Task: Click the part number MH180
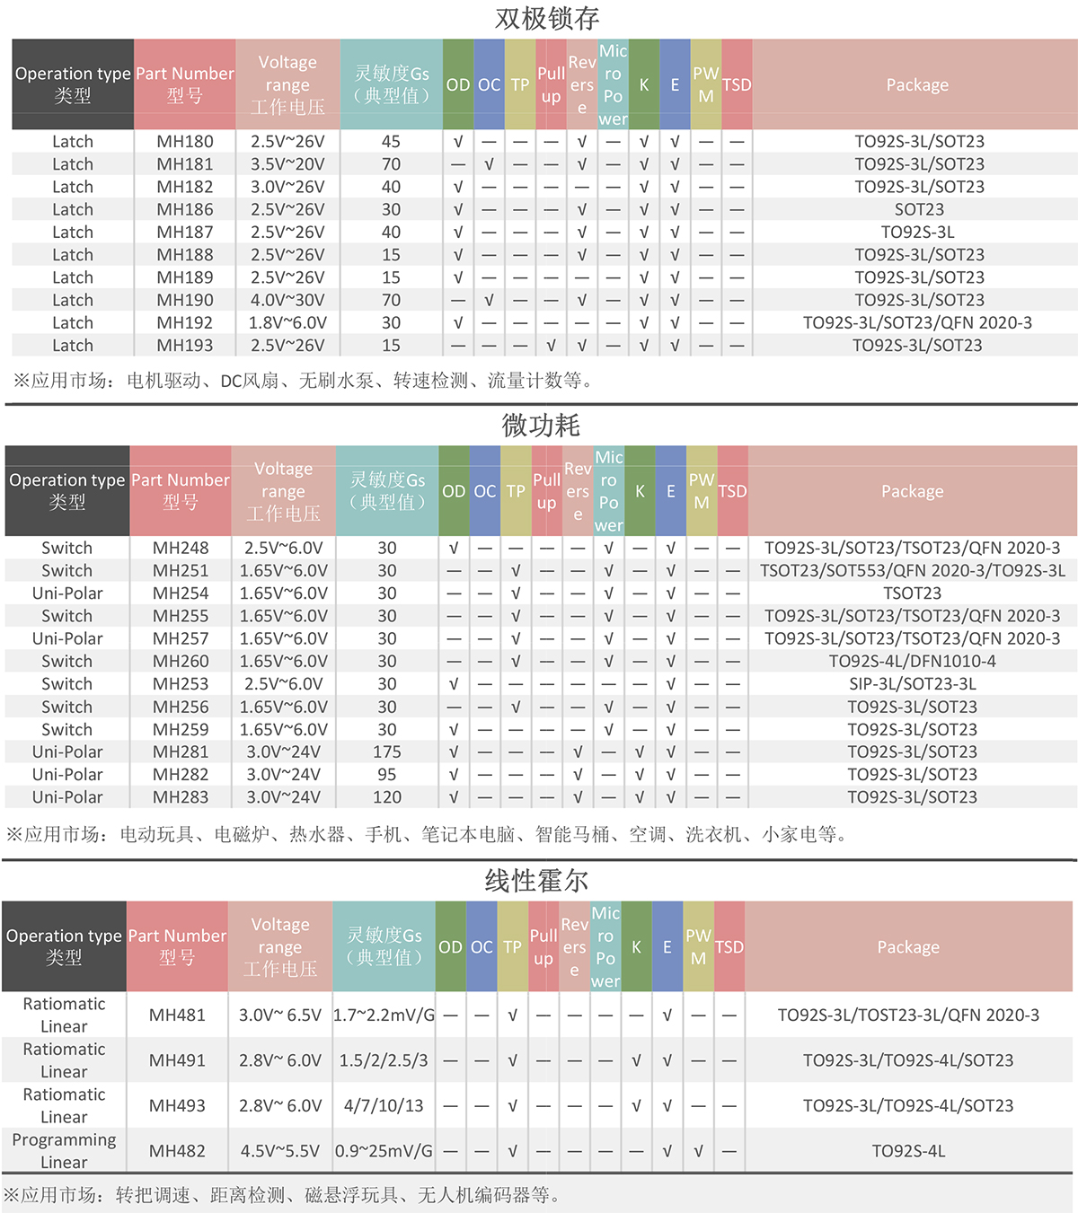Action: (x=185, y=142)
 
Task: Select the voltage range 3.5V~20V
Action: (x=287, y=164)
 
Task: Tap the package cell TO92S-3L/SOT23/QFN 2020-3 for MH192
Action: (x=917, y=323)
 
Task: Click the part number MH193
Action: (x=185, y=346)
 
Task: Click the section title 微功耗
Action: (x=541, y=426)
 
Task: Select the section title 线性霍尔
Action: (x=536, y=881)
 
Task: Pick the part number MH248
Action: (x=181, y=548)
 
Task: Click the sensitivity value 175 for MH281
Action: (x=387, y=752)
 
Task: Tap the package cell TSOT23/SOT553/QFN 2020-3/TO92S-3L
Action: (x=912, y=571)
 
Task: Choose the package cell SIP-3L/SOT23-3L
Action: (x=912, y=684)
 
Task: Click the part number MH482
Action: (x=177, y=1151)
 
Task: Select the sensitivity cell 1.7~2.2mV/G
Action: (x=384, y=1015)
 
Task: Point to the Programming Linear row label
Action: (x=64, y=1151)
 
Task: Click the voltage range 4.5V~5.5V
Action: (x=280, y=1151)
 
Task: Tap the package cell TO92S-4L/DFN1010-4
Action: (x=912, y=662)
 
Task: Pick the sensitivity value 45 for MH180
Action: (x=391, y=142)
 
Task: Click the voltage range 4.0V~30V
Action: (x=287, y=301)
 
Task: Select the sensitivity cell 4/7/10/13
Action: (x=384, y=1106)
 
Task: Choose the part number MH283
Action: (x=181, y=797)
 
